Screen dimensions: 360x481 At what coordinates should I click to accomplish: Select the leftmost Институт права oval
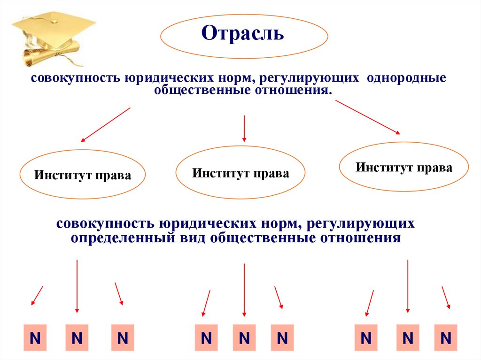coord(82,176)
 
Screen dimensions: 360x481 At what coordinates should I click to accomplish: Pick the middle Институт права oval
coord(240,173)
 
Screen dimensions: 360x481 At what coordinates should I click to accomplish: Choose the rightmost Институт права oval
coord(403,167)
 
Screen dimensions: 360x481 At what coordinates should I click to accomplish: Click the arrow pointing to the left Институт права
coord(105,124)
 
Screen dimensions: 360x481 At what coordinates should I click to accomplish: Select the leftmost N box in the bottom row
coord(35,337)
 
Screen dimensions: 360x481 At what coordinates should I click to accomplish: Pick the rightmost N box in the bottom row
coord(445,337)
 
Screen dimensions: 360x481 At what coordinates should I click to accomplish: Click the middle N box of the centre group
coord(243,337)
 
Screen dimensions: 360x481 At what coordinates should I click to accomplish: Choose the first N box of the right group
coord(366,337)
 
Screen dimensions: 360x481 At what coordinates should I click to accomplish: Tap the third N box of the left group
coord(123,337)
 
